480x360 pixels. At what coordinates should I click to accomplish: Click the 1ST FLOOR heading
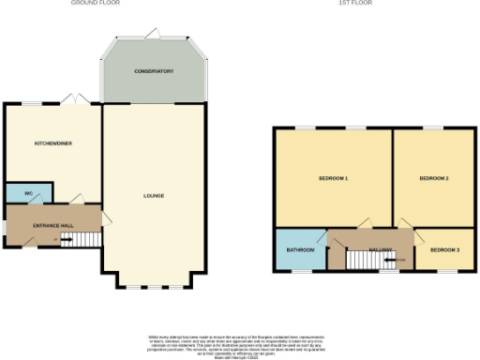click(351, 3)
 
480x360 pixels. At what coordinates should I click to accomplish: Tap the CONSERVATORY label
click(154, 72)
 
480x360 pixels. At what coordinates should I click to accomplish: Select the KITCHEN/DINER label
click(53, 143)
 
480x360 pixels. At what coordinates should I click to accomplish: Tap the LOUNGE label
click(154, 196)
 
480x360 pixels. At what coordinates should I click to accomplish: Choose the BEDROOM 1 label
click(333, 178)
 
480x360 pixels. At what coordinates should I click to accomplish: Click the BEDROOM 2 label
click(433, 178)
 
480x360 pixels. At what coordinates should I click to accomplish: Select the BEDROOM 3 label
click(445, 250)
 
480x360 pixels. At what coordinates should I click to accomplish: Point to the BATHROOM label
click(300, 250)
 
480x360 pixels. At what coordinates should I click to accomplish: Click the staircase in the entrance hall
click(85, 240)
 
